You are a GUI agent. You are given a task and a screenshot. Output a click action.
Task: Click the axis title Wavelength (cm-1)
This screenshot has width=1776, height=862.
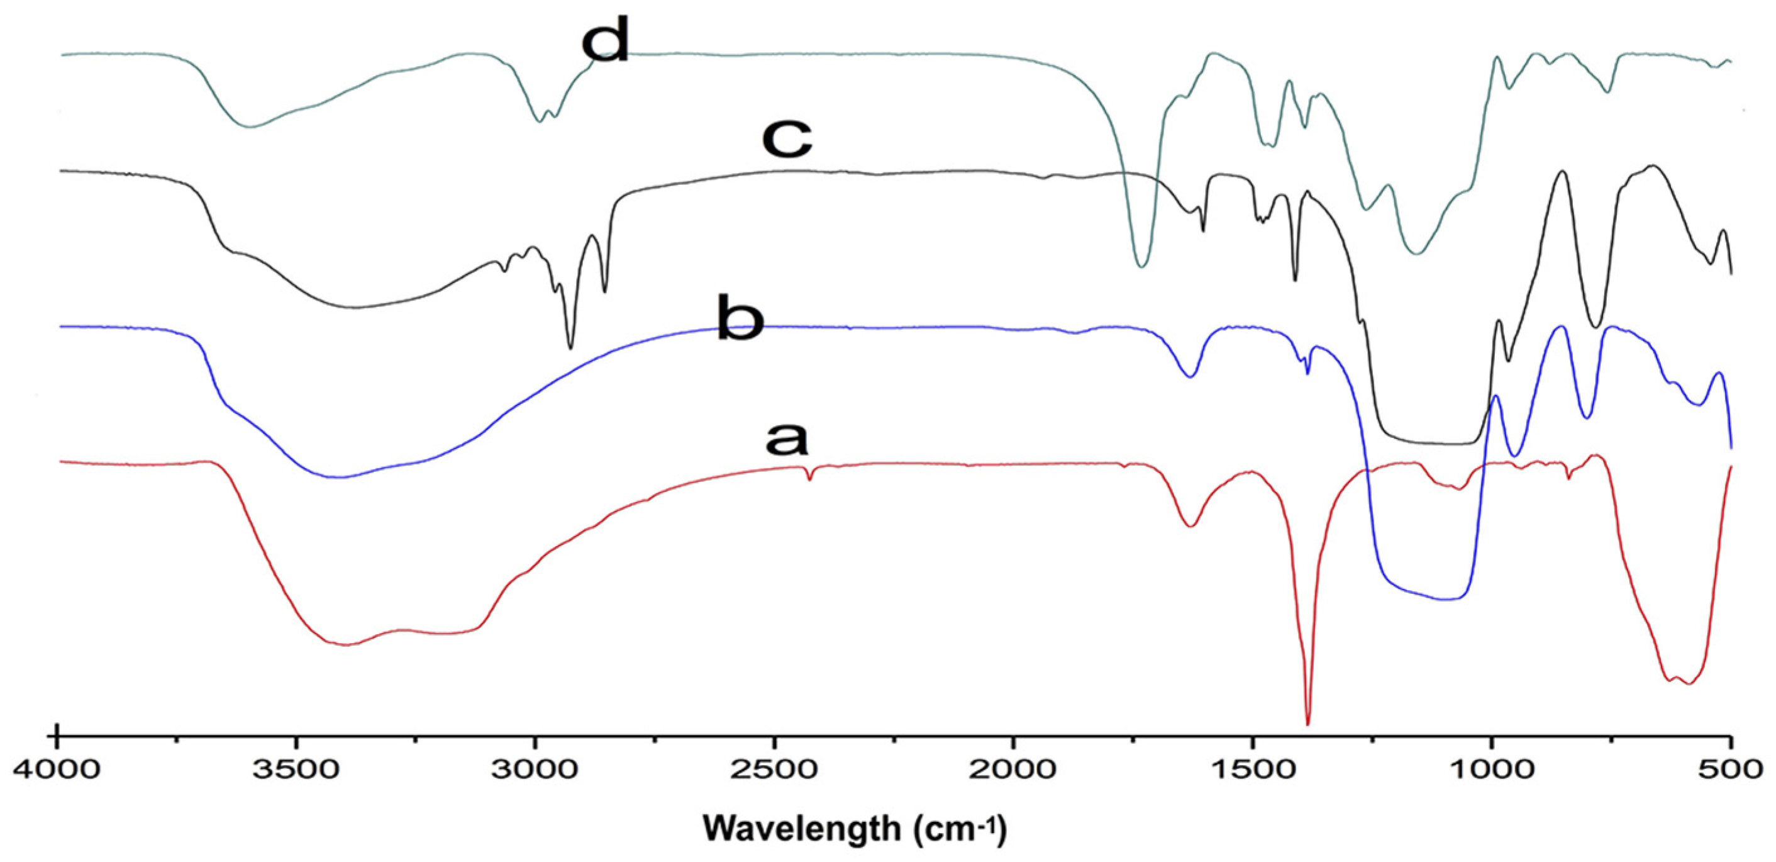855,827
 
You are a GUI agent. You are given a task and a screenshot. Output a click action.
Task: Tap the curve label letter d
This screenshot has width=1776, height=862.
606,39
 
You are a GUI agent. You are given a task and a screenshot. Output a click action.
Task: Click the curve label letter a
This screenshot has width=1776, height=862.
787,439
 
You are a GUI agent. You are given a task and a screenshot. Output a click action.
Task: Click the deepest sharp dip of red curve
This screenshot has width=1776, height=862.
1308,723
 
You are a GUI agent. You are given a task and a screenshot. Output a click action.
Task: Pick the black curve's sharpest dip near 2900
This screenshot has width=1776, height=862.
570,347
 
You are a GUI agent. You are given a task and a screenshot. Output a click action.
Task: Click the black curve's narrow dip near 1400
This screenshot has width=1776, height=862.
1294,279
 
